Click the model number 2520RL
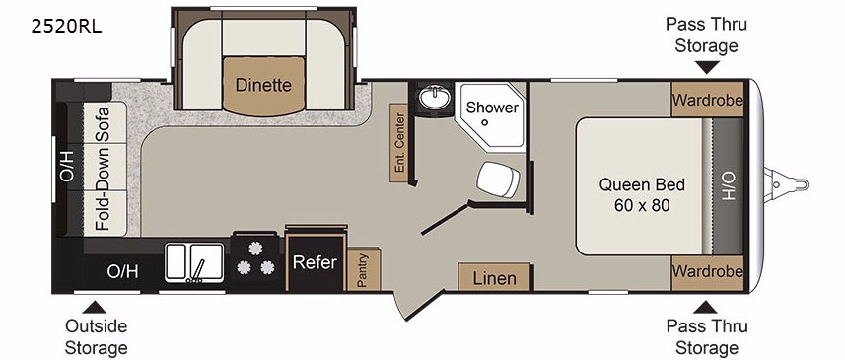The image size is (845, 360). tap(66, 27)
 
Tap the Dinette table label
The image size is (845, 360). tap(263, 85)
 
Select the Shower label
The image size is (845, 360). tap(492, 107)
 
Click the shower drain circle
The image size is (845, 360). tap(484, 122)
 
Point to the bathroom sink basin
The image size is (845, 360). tap(436, 98)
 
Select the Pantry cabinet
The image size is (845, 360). tap(364, 269)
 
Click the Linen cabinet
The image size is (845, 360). tap(495, 277)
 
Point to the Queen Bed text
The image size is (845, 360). tap(642, 184)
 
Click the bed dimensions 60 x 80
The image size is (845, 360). tap(642, 205)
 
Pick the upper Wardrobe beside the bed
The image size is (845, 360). tap(708, 100)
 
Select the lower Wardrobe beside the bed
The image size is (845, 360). tap(708, 271)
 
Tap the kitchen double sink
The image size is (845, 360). tap(194, 262)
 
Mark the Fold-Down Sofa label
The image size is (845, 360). tap(103, 169)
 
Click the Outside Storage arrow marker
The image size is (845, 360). tap(95, 307)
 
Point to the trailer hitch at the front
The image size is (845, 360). tap(786, 184)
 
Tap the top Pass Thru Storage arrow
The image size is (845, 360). tap(707, 67)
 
